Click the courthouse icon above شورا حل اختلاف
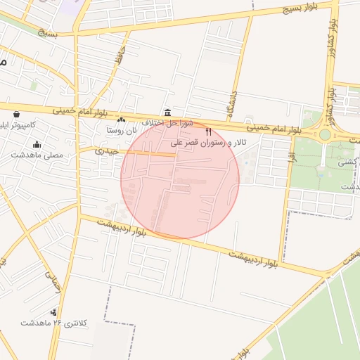point(167,112)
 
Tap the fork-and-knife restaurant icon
point(208,131)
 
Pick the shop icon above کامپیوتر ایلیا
point(15,115)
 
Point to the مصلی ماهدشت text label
point(37,155)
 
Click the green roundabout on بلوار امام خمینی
point(325,134)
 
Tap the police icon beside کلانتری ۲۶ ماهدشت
point(53,312)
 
